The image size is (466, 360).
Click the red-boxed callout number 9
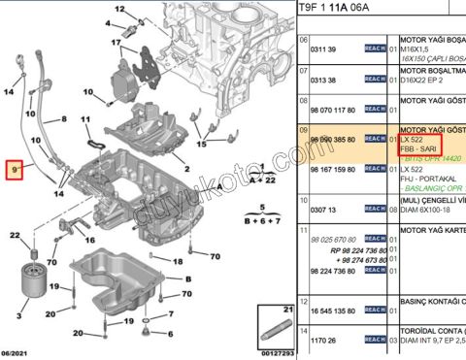point(14,170)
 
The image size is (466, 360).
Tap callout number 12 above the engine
point(118,8)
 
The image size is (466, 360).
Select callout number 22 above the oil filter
point(15,235)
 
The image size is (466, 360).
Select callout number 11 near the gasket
point(85,123)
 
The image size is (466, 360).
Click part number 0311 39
point(323,49)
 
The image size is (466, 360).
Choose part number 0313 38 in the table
point(323,82)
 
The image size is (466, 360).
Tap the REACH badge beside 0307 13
point(375,209)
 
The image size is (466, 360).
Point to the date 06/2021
point(18,352)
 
